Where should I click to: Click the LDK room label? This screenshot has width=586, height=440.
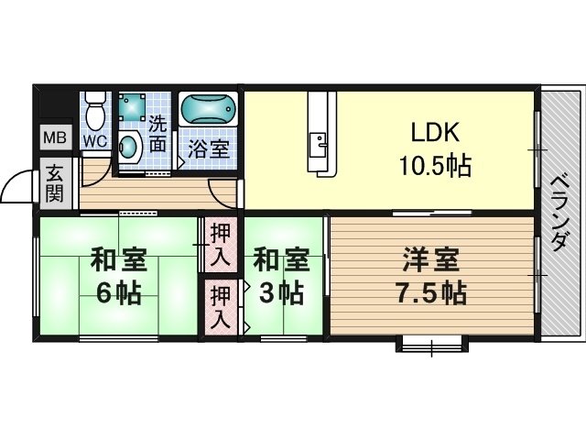435,132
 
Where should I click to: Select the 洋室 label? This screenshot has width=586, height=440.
431,260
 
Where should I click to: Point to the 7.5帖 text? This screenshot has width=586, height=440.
431,293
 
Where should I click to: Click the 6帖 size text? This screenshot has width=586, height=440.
118,293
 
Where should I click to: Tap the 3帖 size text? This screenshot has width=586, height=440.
281,293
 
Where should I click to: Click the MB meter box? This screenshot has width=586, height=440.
55,137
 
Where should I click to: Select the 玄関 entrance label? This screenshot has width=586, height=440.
55,183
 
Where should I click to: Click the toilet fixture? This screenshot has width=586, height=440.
95,110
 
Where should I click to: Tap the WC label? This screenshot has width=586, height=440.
95,141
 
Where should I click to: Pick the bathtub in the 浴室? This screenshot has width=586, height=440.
208,108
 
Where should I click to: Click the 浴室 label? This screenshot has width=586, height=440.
208,148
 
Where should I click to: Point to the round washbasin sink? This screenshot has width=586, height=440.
129,147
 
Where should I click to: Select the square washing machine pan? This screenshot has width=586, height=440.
132,106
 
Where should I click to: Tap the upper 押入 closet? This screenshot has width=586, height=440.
221,246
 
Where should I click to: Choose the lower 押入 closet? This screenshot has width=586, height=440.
221,307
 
